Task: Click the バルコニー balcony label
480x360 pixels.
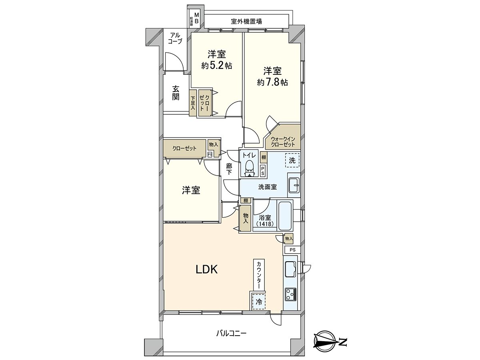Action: click(x=232, y=333)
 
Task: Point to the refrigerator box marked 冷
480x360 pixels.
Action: click(x=259, y=302)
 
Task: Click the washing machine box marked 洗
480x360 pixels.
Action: click(x=292, y=161)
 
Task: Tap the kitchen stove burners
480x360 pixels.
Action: click(x=290, y=295)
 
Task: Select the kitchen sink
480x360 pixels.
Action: click(x=290, y=268)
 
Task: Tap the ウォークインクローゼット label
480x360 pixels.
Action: click(x=283, y=142)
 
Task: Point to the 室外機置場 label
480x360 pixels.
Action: click(x=246, y=21)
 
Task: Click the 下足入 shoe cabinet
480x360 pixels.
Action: click(x=193, y=103)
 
